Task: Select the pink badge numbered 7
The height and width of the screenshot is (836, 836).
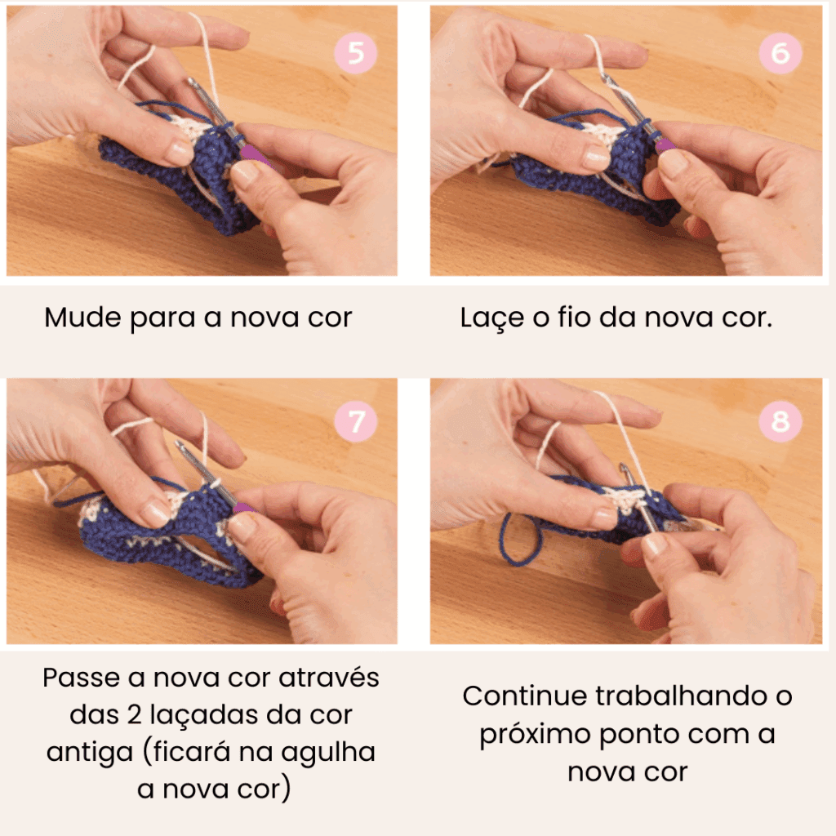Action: [356, 421]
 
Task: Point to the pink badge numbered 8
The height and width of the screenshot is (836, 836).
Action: [780, 421]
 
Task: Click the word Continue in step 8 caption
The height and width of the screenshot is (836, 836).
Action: [524, 696]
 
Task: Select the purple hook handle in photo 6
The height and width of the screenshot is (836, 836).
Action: [665, 145]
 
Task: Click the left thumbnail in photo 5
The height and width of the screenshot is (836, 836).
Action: [180, 153]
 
